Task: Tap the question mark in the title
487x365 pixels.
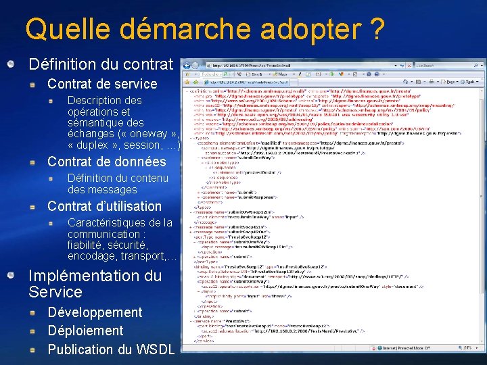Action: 377,29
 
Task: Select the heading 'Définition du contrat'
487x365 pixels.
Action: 101,64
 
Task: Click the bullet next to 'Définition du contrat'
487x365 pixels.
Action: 11,64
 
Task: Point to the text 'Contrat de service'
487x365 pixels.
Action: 101,84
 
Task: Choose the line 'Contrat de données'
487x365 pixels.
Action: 106,162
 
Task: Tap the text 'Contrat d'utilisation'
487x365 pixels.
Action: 104,206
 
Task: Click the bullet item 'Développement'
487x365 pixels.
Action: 95,312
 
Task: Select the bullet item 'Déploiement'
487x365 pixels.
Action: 85,331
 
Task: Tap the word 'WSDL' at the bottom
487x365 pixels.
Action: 156,349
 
